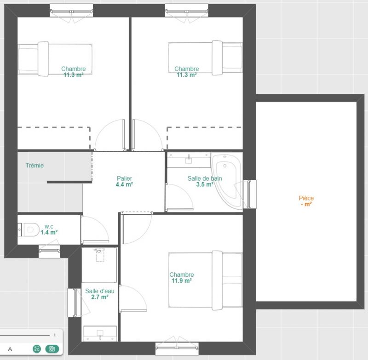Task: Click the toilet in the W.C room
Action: (x=29, y=229)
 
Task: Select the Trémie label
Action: (x=34, y=166)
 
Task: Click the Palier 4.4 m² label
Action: (x=124, y=181)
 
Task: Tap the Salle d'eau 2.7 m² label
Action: (x=100, y=294)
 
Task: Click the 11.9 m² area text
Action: (x=182, y=280)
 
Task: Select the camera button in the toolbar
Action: (x=52, y=349)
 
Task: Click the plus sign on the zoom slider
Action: (x=55, y=335)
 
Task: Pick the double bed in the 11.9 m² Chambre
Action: (x=205, y=280)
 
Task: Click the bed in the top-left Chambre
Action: (x=55, y=59)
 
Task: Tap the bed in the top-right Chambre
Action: (x=205, y=57)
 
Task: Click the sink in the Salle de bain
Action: (x=189, y=160)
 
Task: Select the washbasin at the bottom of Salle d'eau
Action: (x=100, y=333)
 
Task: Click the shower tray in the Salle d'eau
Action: (x=99, y=265)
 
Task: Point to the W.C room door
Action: (x=95, y=229)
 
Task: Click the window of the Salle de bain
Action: (x=250, y=194)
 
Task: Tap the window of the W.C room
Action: (x=49, y=251)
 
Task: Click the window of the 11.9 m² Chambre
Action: (x=177, y=348)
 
